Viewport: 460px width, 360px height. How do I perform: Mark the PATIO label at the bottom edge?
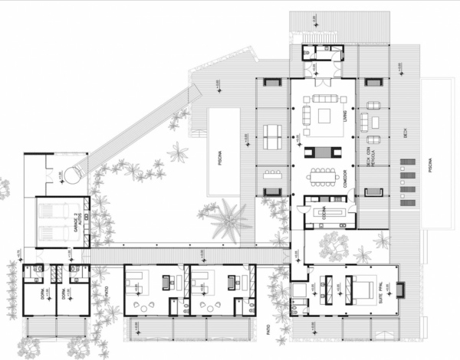pos(270,335)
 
